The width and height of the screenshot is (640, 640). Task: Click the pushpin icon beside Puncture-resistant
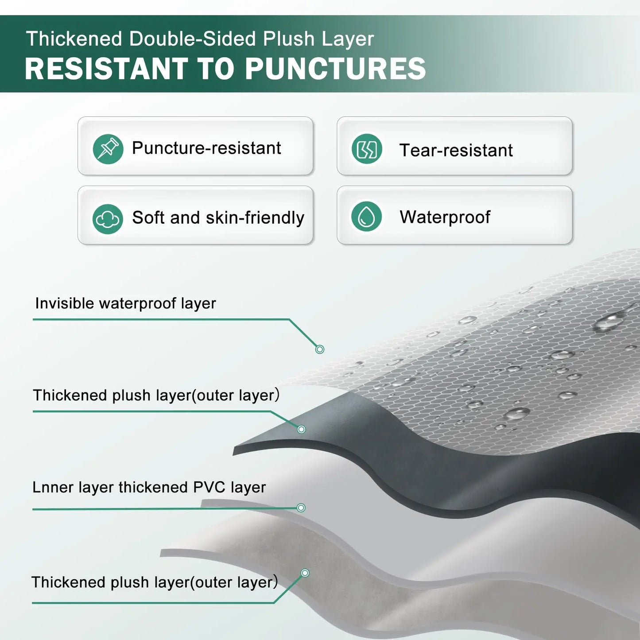(108, 149)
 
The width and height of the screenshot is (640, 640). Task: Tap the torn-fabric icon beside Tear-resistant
(367, 149)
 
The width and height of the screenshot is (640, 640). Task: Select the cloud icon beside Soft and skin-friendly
(108, 219)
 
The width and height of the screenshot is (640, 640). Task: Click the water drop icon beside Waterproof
(366, 217)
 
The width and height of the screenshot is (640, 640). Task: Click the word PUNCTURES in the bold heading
(335, 69)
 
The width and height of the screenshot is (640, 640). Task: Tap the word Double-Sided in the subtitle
(193, 39)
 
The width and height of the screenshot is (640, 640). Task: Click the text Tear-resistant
(456, 151)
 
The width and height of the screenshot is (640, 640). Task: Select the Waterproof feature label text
(445, 217)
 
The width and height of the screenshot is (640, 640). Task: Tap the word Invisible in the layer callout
(65, 303)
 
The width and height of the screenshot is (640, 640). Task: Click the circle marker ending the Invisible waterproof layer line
(320, 349)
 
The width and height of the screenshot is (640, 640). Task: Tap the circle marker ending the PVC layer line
(301, 508)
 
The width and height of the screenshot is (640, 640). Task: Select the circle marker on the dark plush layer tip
(302, 429)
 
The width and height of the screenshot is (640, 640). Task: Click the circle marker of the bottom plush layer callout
(305, 573)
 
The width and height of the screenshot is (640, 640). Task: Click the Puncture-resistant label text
(206, 148)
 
